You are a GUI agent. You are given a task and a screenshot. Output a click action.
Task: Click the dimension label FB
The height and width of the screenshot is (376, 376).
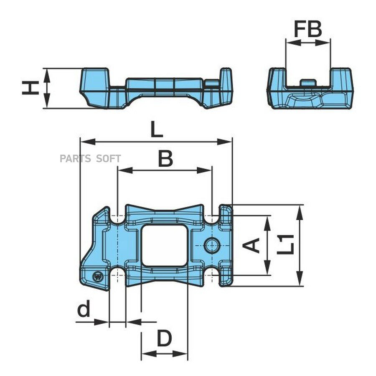307,29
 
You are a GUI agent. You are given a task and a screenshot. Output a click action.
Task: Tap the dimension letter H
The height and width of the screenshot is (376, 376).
30,88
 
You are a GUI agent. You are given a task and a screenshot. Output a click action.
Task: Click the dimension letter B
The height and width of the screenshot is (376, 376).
166,159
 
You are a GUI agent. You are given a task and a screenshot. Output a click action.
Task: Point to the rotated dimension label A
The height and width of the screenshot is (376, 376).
251,246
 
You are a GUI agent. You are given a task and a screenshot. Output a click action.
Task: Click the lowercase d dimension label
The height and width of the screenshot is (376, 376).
84,308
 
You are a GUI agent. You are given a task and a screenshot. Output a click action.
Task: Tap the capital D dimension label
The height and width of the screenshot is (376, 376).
164,338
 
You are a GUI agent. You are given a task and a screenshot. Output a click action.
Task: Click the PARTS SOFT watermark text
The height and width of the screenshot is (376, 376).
90,158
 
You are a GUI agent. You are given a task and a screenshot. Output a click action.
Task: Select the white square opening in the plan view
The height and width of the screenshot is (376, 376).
164,245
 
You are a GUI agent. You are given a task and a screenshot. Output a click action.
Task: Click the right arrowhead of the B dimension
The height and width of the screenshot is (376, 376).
204,170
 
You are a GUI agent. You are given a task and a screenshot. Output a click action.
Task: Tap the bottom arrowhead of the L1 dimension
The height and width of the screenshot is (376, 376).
300,278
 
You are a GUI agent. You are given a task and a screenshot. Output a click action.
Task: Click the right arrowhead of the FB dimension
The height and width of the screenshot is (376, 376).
323,43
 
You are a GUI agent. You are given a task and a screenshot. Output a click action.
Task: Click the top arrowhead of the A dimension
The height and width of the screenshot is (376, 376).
267,223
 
